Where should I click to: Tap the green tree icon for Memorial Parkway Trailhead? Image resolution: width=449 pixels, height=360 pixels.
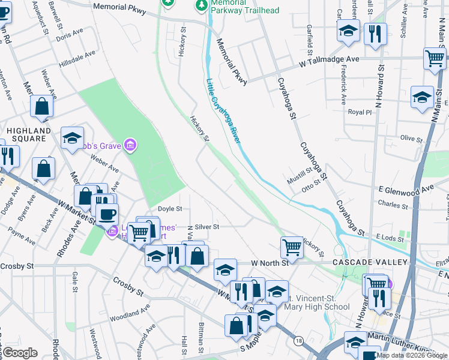pyautogui.click(x=201, y=5)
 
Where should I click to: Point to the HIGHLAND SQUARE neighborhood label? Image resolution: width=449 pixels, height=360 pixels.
pyautogui.click(x=29, y=134)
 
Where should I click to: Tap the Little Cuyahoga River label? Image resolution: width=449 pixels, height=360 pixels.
pyautogui.click(x=223, y=111)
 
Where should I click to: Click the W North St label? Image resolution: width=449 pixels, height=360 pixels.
pyautogui.click(x=270, y=263)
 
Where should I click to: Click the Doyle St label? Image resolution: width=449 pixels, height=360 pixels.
pyautogui.click(x=170, y=209)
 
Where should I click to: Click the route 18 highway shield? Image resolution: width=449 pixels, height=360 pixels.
pyautogui.click(x=298, y=341)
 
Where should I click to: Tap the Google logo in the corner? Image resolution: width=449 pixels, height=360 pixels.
pyautogui.click(x=20, y=353)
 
